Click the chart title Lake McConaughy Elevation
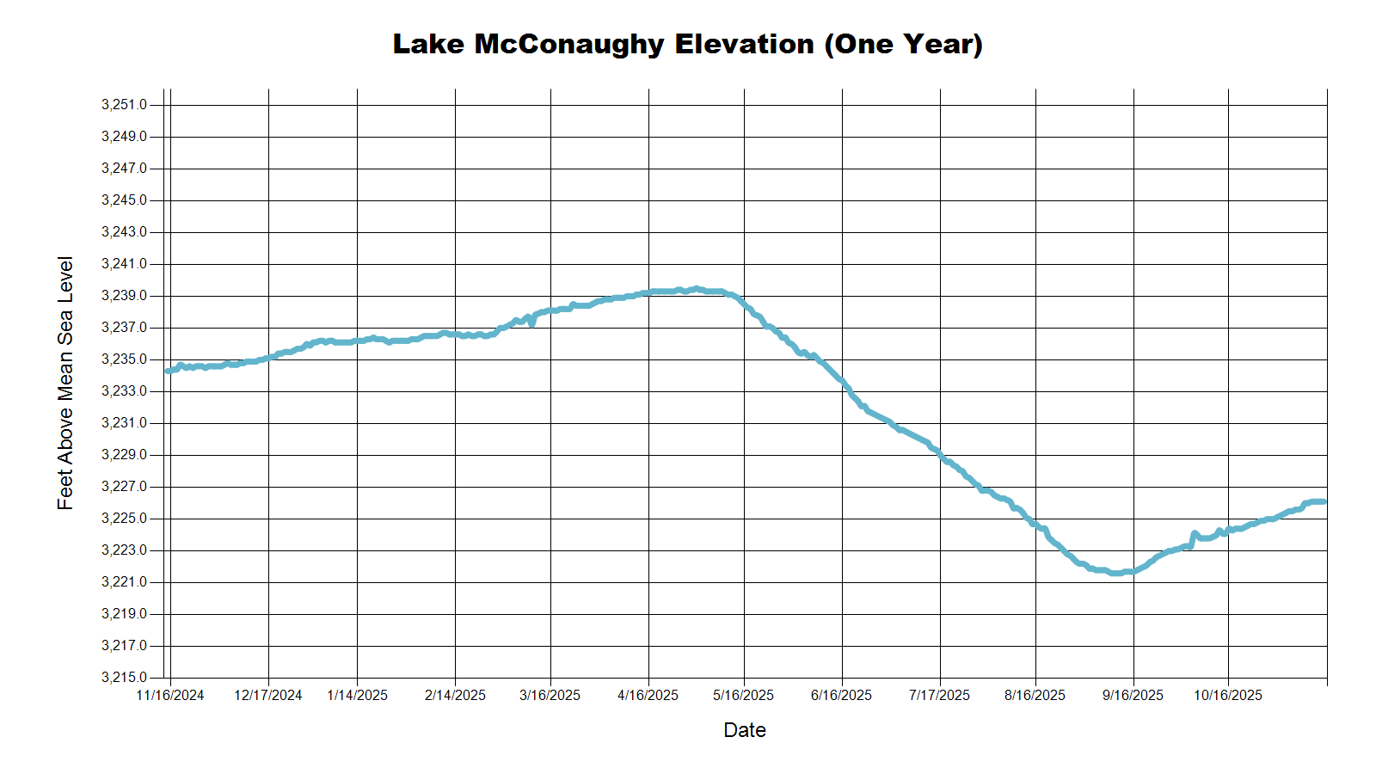(x=687, y=44)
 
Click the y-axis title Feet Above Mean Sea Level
(x=65, y=383)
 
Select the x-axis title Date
(x=744, y=730)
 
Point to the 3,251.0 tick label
(x=124, y=105)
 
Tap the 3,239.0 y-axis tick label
(x=124, y=296)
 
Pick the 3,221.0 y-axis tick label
(x=124, y=582)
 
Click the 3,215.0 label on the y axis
(x=124, y=678)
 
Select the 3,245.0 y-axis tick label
(x=124, y=200)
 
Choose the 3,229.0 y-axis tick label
(x=124, y=455)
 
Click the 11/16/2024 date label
(x=170, y=696)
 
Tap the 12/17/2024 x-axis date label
(x=268, y=696)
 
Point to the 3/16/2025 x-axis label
(x=550, y=696)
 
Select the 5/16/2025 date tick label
(x=744, y=696)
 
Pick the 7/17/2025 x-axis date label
(x=939, y=696)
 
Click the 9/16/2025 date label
(x=1133, y=696)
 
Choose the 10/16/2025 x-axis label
(x=1228, y=696)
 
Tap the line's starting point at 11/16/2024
(x=168, y=371)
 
